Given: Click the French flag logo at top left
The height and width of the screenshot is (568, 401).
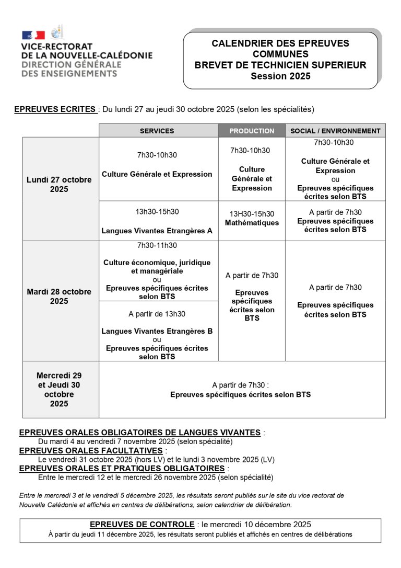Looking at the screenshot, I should (x=33, y=35).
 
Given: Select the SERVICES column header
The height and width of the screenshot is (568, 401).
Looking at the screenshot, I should (x=157, y=131).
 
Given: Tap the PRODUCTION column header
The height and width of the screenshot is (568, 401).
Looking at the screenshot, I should (x=252, y=131).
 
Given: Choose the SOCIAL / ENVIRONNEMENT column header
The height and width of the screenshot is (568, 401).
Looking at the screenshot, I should (x=335, y=131).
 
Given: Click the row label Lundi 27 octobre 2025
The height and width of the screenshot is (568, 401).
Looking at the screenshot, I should (x=59, y=184).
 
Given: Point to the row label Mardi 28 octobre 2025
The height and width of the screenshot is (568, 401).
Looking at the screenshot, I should (x=59, y=296).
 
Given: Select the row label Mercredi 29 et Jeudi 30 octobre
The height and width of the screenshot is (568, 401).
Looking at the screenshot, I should (x=59, y=389).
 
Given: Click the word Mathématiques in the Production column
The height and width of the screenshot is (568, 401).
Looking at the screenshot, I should (x=252, y=223).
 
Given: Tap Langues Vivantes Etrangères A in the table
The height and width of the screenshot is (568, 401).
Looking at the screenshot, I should (x=157, y=230).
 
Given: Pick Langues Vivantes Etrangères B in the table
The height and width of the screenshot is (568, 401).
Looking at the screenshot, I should (x=157, y=331).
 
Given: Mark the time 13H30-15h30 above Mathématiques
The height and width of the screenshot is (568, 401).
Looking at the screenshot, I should (x=252, y=214).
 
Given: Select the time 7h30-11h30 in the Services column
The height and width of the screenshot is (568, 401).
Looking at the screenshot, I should (x=157, y=245).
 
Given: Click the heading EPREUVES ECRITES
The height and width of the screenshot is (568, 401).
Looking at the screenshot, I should (x=55, y=109).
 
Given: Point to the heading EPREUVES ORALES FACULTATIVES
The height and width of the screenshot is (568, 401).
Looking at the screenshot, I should (x=91, y=450).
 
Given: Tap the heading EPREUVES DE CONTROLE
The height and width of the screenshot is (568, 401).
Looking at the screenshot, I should (x=142, y=525).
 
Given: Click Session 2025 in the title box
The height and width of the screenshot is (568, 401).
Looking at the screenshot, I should (x=280, y=76).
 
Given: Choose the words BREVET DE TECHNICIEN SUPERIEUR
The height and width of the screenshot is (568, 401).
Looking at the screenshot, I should (x=280, y=65).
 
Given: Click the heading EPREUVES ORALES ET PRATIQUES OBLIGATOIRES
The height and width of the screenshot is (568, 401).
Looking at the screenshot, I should (x=122, y=468).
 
